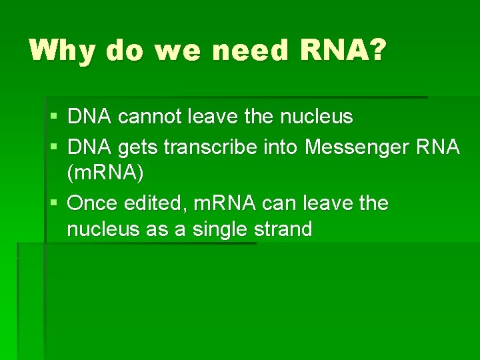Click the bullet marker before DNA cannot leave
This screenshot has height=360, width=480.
click(54, 117)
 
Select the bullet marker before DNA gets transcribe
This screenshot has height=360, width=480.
click(54, 147)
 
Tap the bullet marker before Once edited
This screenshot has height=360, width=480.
click(54, 203)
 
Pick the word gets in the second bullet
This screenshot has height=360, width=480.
click(137, 147)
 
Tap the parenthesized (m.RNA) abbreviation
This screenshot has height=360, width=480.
click(105, 175)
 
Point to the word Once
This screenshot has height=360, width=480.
click(93, 203)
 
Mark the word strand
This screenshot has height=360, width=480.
click(284, 230)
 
